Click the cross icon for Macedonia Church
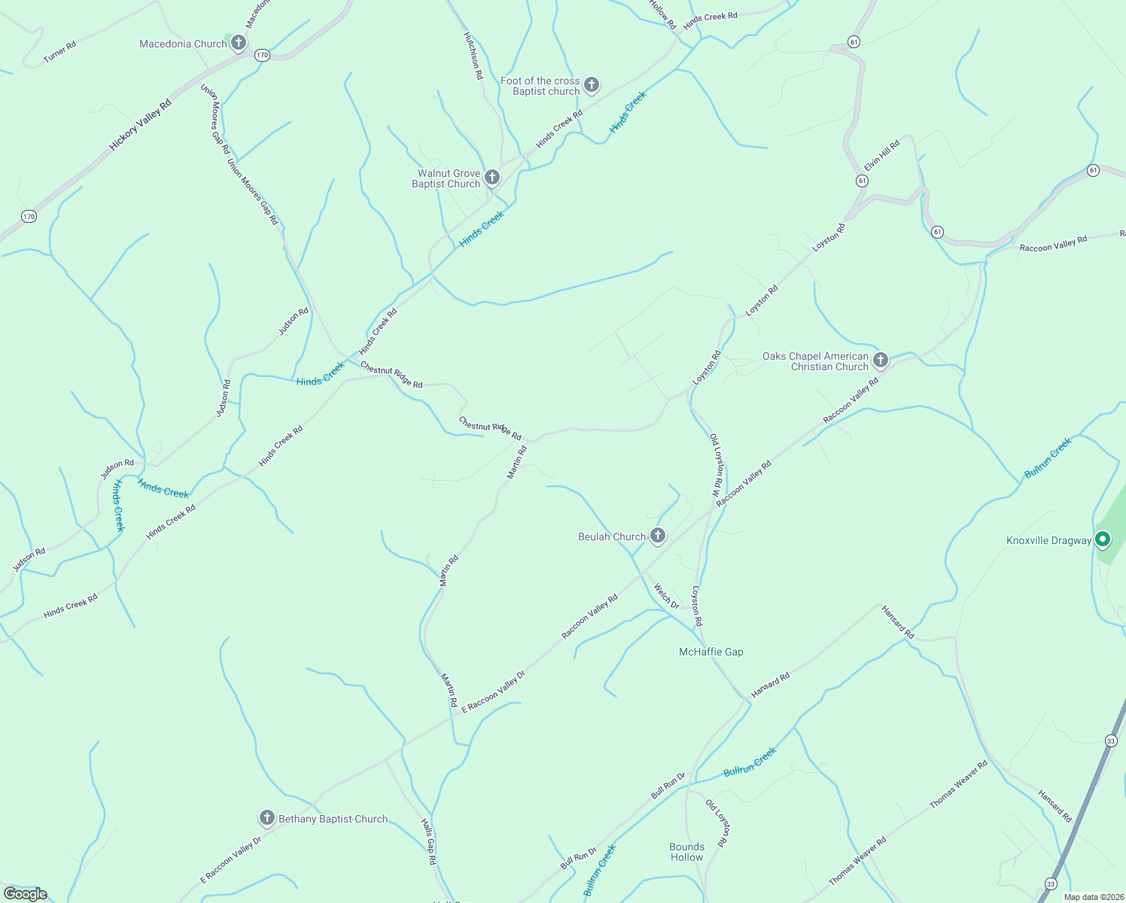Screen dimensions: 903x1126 239,43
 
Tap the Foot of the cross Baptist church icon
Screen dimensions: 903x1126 592,85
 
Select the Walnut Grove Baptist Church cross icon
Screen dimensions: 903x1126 491,178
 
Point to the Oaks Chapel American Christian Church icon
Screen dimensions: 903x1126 880,360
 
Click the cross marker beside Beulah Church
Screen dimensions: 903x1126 658,536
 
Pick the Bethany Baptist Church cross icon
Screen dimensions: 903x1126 266,818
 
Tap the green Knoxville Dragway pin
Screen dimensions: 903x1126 1103,540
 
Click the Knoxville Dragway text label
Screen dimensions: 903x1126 1048,540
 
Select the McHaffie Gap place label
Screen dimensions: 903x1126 711,652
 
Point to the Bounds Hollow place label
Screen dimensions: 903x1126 686,852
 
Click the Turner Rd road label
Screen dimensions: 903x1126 59,52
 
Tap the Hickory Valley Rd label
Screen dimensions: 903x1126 141,125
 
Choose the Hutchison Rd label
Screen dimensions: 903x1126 472,56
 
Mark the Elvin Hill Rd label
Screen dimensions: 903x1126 882,155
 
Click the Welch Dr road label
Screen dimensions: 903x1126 666,596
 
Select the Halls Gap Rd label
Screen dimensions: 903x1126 428,841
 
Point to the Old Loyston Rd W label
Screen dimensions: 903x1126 717,464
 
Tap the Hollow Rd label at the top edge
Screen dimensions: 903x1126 663,14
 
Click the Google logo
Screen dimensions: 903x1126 26,894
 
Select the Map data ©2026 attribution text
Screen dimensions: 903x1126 1093,897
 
